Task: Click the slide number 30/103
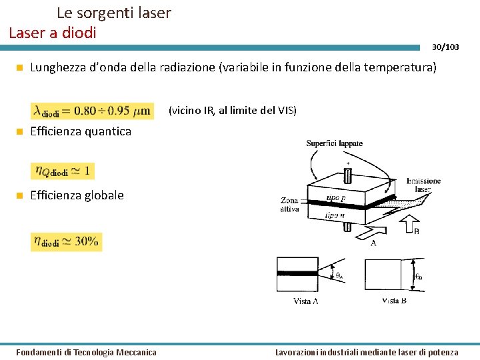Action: (445, 47)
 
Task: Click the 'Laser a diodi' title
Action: (53, 32)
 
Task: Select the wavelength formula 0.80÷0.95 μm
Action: (92, 110)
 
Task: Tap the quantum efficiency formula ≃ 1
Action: (62, 171)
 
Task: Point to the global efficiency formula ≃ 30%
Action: (66, 241)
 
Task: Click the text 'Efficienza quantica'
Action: (81, 131)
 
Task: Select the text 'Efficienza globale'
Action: (77, 195)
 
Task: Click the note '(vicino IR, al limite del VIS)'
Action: (232, 110)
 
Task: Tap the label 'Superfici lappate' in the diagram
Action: (335, 143)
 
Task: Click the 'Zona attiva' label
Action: (289, 205)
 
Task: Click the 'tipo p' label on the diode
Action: (336, 198)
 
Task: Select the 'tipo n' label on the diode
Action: (335, 215)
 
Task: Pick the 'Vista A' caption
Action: (306, 301)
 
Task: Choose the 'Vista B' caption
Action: (394, 301)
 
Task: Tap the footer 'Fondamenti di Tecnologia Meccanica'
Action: (86, 352)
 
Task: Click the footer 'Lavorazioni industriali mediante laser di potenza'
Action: (367, 352)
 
